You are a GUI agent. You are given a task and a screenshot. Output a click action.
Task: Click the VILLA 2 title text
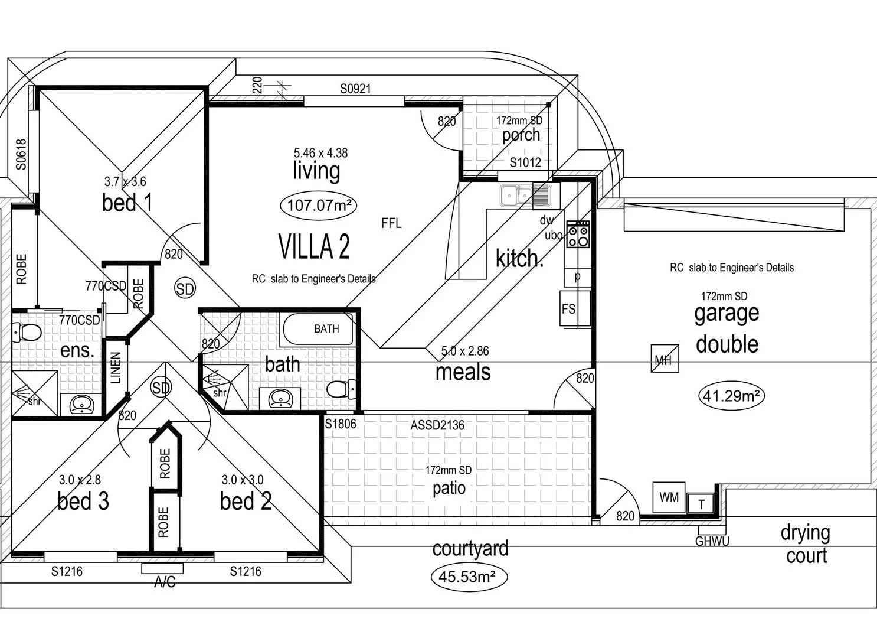pos(314,246)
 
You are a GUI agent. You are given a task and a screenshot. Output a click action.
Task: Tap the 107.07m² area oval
pos(318,206)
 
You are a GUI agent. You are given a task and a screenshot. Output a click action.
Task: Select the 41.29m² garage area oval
pos(731,396)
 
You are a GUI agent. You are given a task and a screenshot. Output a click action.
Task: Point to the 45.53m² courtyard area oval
pos(469,576)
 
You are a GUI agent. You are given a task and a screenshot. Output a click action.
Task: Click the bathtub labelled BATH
pos(319,329)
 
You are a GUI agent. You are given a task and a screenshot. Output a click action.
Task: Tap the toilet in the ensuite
pos(26,333)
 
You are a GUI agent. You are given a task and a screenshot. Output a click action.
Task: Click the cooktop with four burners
pos(578,234)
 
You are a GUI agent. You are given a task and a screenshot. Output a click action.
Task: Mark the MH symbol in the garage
pos(665,359)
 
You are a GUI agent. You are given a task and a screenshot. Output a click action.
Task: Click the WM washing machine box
pos(669,497)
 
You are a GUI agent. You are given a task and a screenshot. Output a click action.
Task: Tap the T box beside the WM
pos(701,504)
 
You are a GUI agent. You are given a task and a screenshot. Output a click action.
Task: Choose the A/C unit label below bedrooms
pos(164,582)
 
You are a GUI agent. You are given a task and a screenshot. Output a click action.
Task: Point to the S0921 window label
pos(355,89)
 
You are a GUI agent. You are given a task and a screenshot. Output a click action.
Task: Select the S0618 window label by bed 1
pos(22,154)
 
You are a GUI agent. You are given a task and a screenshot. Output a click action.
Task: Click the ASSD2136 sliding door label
pos(437,425)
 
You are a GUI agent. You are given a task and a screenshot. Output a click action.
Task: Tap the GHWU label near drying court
pos(712,541)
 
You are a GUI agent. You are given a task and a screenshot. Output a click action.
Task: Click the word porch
pos(521,135)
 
